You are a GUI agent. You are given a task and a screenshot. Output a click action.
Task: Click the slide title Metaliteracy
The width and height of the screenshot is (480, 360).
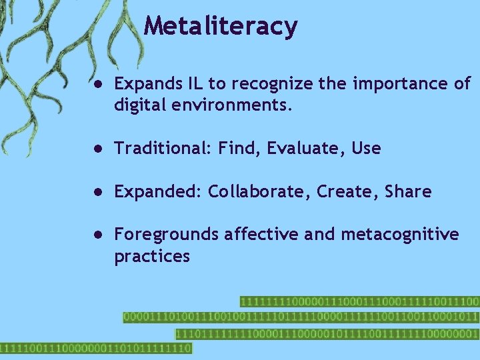coord(221,26)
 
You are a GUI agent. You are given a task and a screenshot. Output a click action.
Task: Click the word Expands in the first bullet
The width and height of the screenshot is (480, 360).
coord(143,85)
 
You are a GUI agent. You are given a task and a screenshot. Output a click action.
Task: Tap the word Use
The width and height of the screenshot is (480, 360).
coord(366,148)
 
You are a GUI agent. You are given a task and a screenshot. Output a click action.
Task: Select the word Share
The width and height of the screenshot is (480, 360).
coord(408,192)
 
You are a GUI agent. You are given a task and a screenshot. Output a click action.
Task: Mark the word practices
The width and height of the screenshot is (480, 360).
coord(152,257)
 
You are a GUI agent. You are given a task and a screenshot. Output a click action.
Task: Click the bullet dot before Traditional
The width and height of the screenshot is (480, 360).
coord(97,149)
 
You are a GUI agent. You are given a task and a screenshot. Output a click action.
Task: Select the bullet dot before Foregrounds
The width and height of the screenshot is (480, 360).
coord(97,235)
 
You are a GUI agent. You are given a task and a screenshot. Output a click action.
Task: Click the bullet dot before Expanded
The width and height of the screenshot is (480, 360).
coord(97,192)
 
